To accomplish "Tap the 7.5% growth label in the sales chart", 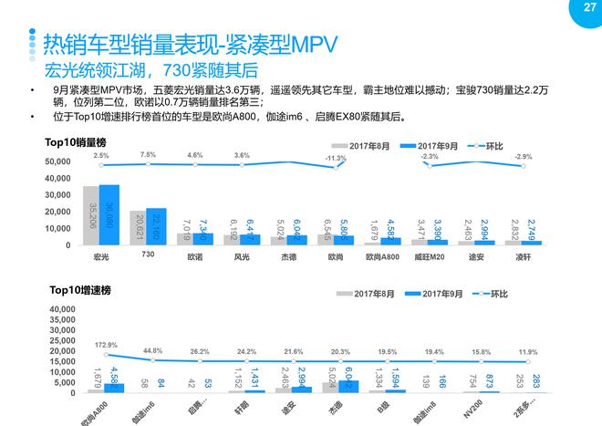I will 149,155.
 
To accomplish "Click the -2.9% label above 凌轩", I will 523,157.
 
